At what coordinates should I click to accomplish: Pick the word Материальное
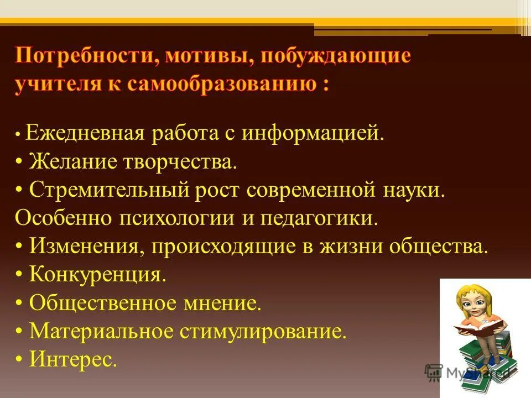pos(101,331)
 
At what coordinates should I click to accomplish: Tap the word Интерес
pos(73,360)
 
